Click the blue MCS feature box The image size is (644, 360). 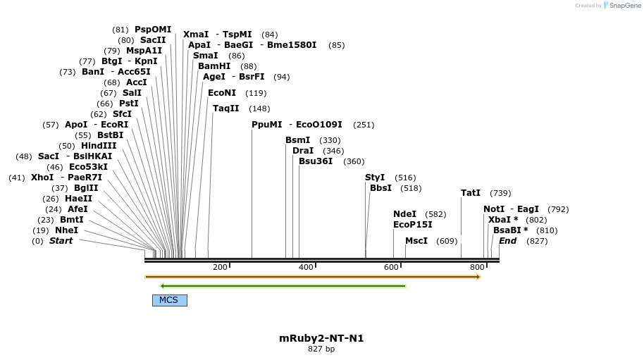[169, 300]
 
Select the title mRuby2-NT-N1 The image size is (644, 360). [321, 338]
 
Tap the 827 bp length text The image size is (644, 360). [321, 349]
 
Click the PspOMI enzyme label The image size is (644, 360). [153, 30]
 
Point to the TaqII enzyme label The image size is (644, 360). [226, 108]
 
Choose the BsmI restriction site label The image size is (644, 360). [297, 140]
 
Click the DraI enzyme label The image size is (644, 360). [303, 151]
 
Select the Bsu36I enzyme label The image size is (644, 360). [316, 161]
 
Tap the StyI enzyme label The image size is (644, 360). [375, 178]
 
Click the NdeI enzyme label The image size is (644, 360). [404, 214]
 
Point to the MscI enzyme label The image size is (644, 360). [416, 241]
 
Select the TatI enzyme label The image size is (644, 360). [471, 193]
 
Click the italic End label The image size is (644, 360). [507, 241]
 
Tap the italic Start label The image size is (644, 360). [61, 241]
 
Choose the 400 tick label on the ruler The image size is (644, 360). [306, 267]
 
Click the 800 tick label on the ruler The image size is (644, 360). [477, 267]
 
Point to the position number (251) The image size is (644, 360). [364, 125]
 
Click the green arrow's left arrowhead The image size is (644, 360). [163, 286]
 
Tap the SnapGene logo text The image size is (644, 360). [625, 6]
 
